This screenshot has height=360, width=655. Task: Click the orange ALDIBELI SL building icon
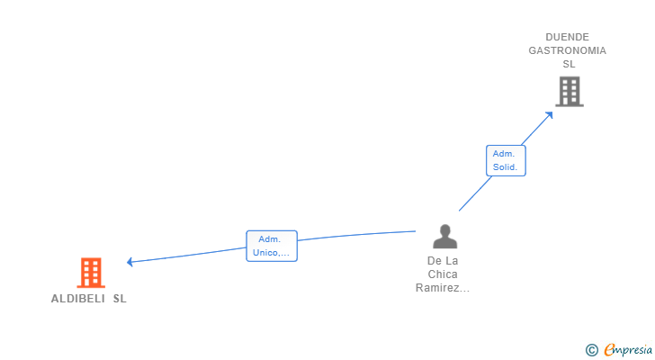pos(91,273)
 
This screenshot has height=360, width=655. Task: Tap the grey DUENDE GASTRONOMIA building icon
pos(569,91)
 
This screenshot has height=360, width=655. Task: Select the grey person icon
pos(444,237)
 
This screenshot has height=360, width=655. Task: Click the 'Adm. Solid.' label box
pos(505,160)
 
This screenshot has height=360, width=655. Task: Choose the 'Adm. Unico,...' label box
pos(271,246)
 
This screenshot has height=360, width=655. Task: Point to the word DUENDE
pos(567,37)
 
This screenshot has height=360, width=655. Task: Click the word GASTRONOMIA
pos(567,50)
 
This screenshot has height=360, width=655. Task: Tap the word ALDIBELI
pos(78,299)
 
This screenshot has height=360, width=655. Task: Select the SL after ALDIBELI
pos(120,299)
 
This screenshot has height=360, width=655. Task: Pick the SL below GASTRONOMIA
pos(569,64)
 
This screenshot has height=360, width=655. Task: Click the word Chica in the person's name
pos(443,274)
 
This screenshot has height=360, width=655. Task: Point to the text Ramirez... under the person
pos(443,288)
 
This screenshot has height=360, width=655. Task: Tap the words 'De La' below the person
pos(443,261)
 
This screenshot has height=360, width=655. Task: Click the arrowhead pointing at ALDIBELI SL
pos(130,262)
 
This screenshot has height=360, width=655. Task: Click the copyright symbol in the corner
pos(591,350)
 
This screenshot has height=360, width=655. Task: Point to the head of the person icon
pos(444,230)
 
